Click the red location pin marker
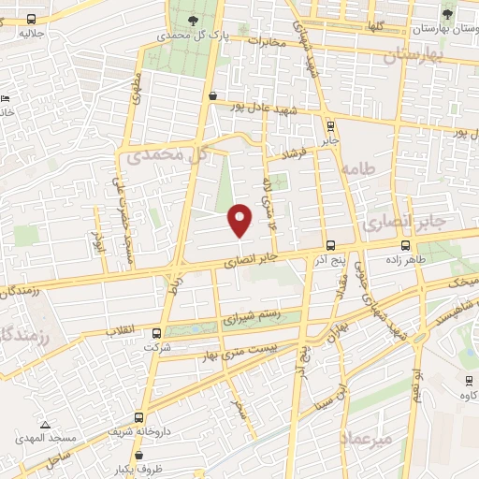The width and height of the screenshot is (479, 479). point(240,220)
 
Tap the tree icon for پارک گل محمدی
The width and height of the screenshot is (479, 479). point(193,21)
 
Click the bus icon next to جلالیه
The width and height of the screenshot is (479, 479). point(32,19)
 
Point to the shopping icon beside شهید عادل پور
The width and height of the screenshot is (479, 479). point(213,95)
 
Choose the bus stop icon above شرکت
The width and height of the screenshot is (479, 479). point(155,333)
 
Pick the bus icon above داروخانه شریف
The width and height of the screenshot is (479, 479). point(139,418)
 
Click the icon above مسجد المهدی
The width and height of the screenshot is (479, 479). point(41,425)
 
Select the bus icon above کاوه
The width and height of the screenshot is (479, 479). point(468,380)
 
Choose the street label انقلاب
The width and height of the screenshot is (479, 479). point(123,330)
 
